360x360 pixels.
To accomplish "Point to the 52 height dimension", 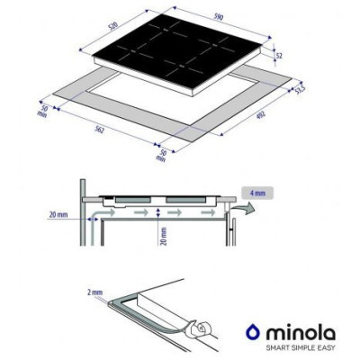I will pos(280,56).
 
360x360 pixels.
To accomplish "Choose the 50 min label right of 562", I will pos(163,155).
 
